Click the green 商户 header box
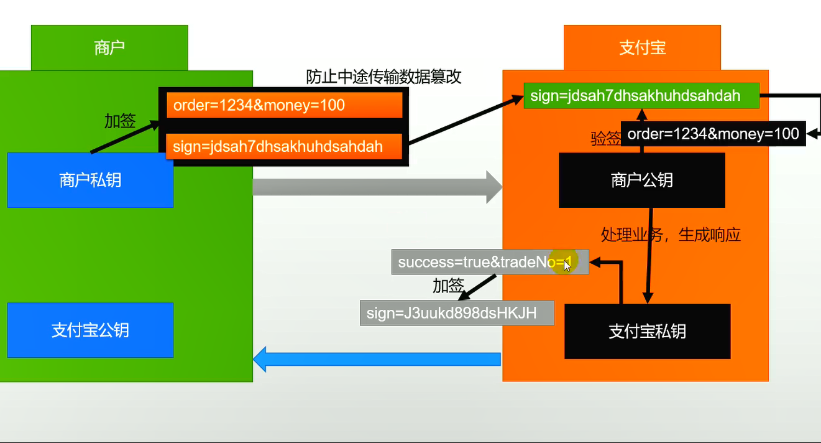pos(109,48)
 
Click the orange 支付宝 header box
pos(642,48)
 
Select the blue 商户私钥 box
pos(90,180)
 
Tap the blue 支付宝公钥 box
pos(90,330)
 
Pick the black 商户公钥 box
pos(642,180)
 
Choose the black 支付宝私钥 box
pos(647,331)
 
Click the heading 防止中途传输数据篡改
pos(384,77)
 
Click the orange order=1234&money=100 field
pos(285,105)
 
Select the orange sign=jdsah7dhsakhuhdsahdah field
pos(285,146)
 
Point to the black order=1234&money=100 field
pos(713,134)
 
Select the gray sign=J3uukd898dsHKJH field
pos(457,313)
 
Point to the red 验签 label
pos(605,139)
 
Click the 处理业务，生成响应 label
pos(671,235)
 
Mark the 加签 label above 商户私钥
pos(120,121)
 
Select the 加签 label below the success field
pos(448,286)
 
